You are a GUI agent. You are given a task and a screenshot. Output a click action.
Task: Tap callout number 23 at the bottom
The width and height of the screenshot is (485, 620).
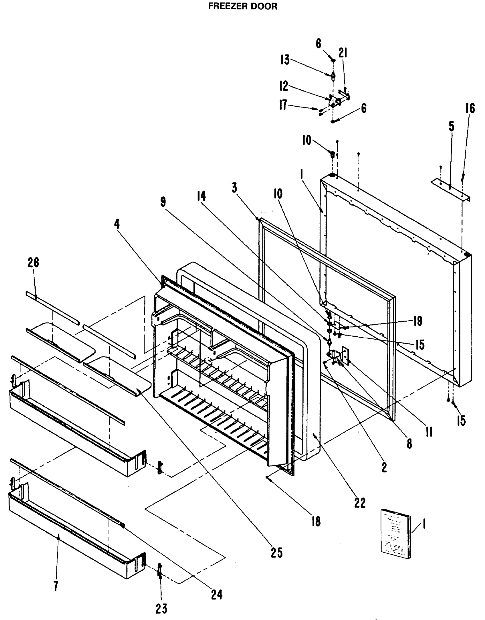pyautogui.click(x=161, y=608)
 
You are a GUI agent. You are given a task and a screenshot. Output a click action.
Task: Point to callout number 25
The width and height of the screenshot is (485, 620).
pyautogui.click(x=276, y=552)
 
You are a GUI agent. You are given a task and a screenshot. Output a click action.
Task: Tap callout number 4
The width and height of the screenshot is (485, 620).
pyautogui.click(x=117, y=224)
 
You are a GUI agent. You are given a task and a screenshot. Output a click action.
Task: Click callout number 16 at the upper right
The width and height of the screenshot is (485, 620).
pyautogui.click(x=470, y=109)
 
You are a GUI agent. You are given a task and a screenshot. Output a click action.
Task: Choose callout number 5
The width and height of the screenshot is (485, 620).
pyautogui.click(x=451, y=127)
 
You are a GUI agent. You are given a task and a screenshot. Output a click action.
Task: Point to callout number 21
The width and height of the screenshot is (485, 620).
pyautogui.click(x=343, y=53)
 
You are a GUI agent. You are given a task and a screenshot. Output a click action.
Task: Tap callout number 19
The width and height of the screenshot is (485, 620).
pyautogui.click(x=418, y=321)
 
